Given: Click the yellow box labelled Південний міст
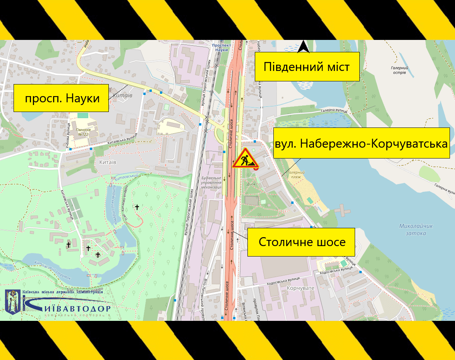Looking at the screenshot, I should point(307,67).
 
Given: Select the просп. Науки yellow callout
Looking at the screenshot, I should point(62,98).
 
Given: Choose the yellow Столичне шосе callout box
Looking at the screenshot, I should point(301,242).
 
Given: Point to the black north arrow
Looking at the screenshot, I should point(303,47).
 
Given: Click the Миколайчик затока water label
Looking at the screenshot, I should point(416,229).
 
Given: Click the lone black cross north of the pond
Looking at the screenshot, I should point(137,207).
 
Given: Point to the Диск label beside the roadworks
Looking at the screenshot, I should point(251,184).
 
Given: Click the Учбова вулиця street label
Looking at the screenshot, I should point(68,136).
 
